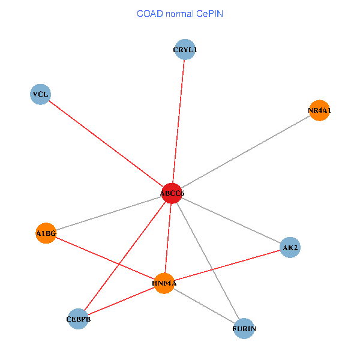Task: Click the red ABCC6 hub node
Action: click(x=172, y=193)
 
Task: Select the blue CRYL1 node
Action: click(x=185, y=50)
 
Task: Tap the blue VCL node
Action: click(x=40, y=94)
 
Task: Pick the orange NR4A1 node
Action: click(x=319, y=110)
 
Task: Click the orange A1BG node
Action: click(x=46, y=233)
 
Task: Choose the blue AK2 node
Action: click(x=290, y=247)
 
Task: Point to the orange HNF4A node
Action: click(x=164, y=283)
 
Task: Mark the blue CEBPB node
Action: click(x=79, y=319)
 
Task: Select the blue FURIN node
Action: click(x=244, y=328)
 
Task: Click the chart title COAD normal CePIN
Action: click(x=180, y=13)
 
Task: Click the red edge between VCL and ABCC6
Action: click(x=106, y=143)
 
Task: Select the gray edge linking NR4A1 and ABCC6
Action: click(x=245, y=152)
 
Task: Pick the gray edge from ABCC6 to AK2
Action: click(x=231, y=220)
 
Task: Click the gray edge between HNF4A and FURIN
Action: click(x=204, y=305)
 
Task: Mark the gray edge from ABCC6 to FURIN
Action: click(x=208, y=260)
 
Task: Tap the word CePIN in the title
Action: click(x=209, y=13)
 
